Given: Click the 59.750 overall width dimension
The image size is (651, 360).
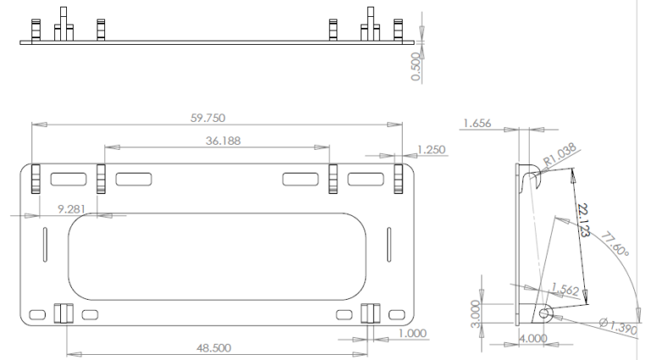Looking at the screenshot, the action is pos(208,119).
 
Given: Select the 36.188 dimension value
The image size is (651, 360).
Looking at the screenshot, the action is pos(223,141).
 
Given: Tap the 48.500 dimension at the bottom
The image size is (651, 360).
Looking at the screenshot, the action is pos(214,348).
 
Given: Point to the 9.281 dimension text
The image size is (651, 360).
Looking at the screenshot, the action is pos(71,209).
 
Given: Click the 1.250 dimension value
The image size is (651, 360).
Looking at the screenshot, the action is pos(431,150).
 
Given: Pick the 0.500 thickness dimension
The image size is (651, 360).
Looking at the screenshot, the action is pos(415,66).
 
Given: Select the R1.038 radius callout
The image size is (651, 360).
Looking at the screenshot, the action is pos(560,154).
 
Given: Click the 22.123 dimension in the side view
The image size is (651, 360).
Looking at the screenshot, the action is pos(584,220).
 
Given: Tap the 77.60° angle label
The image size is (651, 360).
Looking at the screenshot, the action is pos(615,244).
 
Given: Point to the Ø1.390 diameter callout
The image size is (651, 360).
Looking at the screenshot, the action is pos(618,326).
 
